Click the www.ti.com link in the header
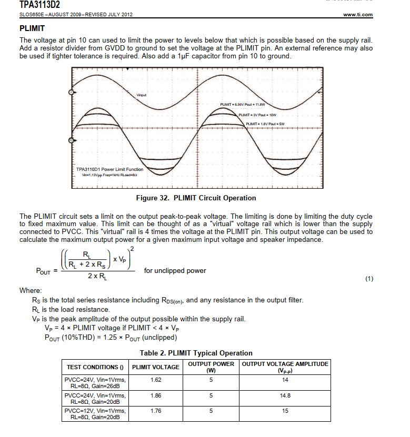(x=357, y=15)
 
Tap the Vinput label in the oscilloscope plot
(x=142, y=95)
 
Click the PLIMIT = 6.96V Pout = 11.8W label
(x=243, y=105)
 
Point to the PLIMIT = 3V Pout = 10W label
(x=257, y=114)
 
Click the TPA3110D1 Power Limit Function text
(x=109, y=169)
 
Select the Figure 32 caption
(x=196, y=198)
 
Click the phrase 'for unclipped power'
(x=175, y=271)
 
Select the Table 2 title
(x=196, y=353)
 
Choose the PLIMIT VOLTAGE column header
(x=155, y=367)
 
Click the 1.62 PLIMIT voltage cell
(x=156, y=379)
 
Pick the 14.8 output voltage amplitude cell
(x=285, y=395)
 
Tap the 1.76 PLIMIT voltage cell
(x=156, y=411)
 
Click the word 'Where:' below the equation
(x=31, y=290)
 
